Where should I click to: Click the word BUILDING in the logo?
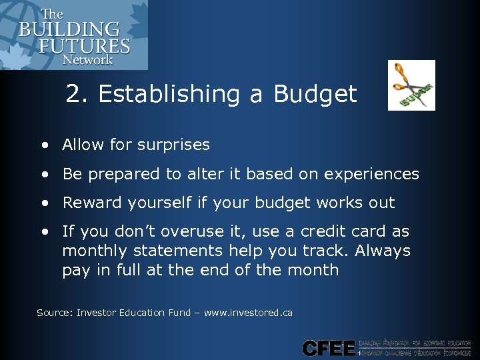pyautogui.click(x=69, y=30)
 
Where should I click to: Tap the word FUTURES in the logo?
pyautogui.click(x=84, y=46)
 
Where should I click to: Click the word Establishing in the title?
pyautogui.click(x=170, y=94)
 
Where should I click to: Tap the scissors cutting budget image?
pyautogui.click(x=411, y=85)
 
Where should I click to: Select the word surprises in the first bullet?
pyautogui.click(x=175, y=145)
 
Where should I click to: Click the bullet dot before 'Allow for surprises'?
pyautogui.click(x=44, y=145)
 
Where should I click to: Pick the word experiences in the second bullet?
pyautogui.click(x=371, y=174)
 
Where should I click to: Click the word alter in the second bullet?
pyautogui.click(x=204, y=174)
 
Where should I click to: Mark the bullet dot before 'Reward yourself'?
pyautogui.click(x=44, y=203)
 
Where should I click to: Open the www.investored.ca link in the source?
pyautogui.click(x=249, y=313)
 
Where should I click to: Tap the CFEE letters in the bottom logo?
pyautogui.click(x=329, y=347)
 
